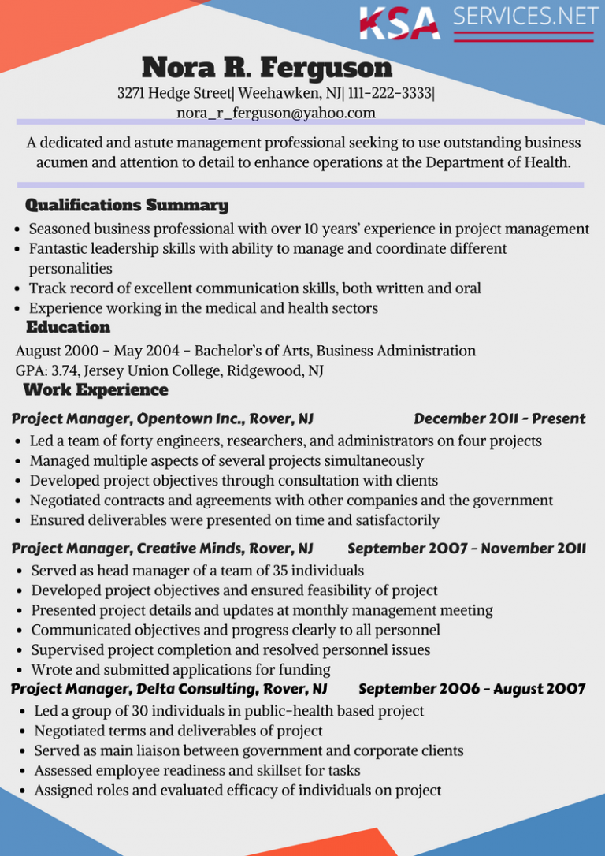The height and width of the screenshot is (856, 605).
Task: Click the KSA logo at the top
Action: click(399, 23)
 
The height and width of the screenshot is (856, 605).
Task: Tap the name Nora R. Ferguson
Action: click(266, 68)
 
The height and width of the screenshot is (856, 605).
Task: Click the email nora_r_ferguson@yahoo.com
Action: click(276, 113)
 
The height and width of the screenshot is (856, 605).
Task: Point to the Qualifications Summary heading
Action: click(127, 206)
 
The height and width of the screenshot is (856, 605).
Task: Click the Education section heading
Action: click(68, 327)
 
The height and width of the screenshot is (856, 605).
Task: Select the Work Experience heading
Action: click(96, 390)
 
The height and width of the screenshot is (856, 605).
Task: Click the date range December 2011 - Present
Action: click(499, 419)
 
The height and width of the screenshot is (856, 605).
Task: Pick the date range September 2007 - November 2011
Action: click(466, 548)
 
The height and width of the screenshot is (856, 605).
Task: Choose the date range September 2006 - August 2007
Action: click(471, 690)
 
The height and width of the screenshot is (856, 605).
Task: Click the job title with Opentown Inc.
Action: click(162, 419)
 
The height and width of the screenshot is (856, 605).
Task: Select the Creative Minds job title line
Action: click(162, 548)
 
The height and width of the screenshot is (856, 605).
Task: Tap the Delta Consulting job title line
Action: click(169, 690)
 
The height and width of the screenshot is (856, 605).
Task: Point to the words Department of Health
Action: click(498, 162)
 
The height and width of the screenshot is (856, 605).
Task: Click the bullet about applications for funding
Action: click(181, 670)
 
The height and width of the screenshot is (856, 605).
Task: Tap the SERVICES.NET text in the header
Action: click(525, 17)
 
